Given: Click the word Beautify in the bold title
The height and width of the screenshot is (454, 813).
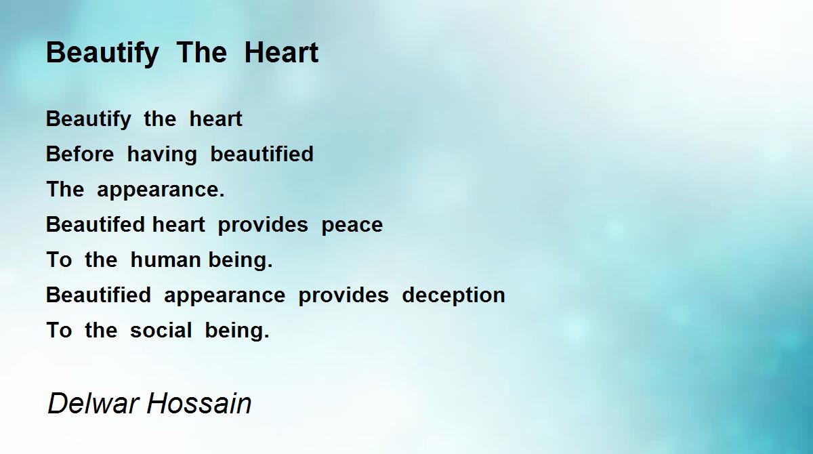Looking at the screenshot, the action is pyautogui.click(x=102, y=54).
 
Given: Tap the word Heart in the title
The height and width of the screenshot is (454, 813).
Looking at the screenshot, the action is pyautogui.click(x=281, y=52).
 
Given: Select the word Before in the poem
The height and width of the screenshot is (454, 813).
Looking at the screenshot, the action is pyautogui.click(x=80, y=154).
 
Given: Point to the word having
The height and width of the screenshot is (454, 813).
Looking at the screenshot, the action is pyautogui.click(x=162, y=154).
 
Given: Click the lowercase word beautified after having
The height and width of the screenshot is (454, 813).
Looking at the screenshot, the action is pyautogui.click(x=262, y=154).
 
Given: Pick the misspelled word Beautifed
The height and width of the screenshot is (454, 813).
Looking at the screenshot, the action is pyautogui.click(x=96, y=224).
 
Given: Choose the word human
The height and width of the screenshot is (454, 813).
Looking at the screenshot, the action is pyautogui.click(x=165, y=260).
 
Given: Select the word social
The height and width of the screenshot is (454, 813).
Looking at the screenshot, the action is pyautogui.click(x=161, y=330).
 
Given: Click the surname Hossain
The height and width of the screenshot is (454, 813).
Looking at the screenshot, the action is pyautogui.click(x=199, y=403).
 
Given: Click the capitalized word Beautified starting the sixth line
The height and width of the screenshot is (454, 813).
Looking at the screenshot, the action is pyautogui.click(x=98, y=295).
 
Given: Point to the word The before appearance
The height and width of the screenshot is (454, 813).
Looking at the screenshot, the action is pyautogui.click(x=65, y=189).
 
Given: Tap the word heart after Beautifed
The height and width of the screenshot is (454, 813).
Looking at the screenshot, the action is pyautogui.click(x=179, y=224).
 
